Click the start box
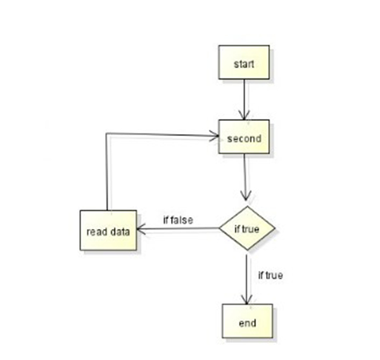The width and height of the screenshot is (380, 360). pyautogui.click(x=244, y=62)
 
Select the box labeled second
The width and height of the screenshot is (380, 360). pyautogui.click(x=244, y=137)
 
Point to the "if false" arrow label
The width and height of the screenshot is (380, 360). pyautogui.click(x=178, y=220)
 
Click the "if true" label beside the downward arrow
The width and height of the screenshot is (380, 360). pyautogui.click(x=270, y=275)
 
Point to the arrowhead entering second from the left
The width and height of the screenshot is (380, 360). pyautogui.click(x=213, y=135)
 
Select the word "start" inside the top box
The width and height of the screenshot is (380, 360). pyautogui.click(x=244, y=64)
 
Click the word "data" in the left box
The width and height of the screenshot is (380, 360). pyautogui.click(x=120, y=232)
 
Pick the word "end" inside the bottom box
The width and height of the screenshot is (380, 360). pyautogui.click(x=248, y=323)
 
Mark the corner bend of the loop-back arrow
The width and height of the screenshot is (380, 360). pyautogui.click(x=107, y=133)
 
